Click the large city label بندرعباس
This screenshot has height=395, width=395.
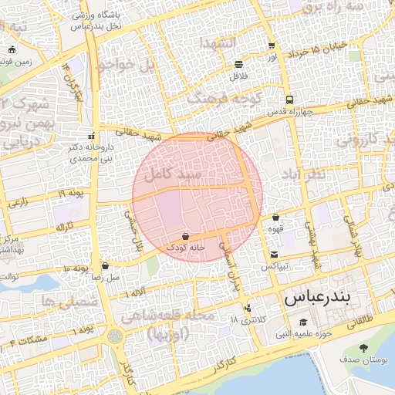coord(317,296)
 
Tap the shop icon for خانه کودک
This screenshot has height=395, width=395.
coord(185,235)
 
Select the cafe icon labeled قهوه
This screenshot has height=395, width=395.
coord(275,218)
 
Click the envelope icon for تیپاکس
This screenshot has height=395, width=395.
coord(274,255)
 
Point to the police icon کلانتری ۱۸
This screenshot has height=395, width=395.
coord(247,309)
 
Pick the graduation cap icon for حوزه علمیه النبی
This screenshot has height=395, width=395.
coord(303,322)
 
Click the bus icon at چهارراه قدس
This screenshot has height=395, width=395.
coord(289,100)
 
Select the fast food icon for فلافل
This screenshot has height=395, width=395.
coord(238,65)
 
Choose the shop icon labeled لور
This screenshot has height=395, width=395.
coord(271,46)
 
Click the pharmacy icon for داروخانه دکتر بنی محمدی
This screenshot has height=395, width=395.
coord(93,131)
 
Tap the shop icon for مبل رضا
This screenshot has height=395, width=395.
coord(105,265)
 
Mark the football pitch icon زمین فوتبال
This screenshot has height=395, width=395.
coord(11,50)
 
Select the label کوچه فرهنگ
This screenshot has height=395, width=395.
coord(204,99)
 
